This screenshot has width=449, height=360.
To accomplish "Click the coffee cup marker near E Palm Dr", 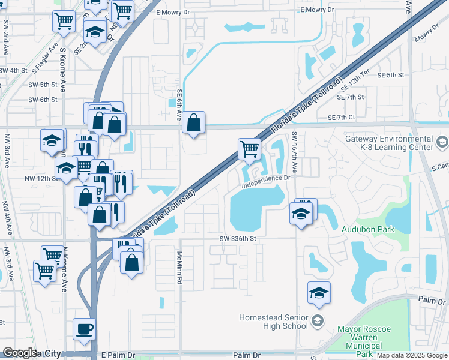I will point(85,329).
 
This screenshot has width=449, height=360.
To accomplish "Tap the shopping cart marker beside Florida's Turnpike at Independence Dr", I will point(249,149).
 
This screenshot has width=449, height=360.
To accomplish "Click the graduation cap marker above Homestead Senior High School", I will point(319,293).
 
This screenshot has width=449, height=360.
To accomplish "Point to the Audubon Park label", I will point(367,229).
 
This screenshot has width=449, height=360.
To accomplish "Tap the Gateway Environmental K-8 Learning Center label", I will point(388,143).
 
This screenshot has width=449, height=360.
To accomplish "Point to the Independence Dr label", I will point(266,179).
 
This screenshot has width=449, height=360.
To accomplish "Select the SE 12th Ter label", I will point(359,89).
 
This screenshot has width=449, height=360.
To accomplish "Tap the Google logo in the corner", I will point(20,353).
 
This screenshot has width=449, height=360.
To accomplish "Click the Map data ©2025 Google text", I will point(411,355).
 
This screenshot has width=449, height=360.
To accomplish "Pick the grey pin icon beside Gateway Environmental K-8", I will point(442,142).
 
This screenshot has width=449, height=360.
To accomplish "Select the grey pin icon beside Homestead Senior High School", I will point(317,322).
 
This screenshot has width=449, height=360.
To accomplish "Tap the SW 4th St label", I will point(14,70).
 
